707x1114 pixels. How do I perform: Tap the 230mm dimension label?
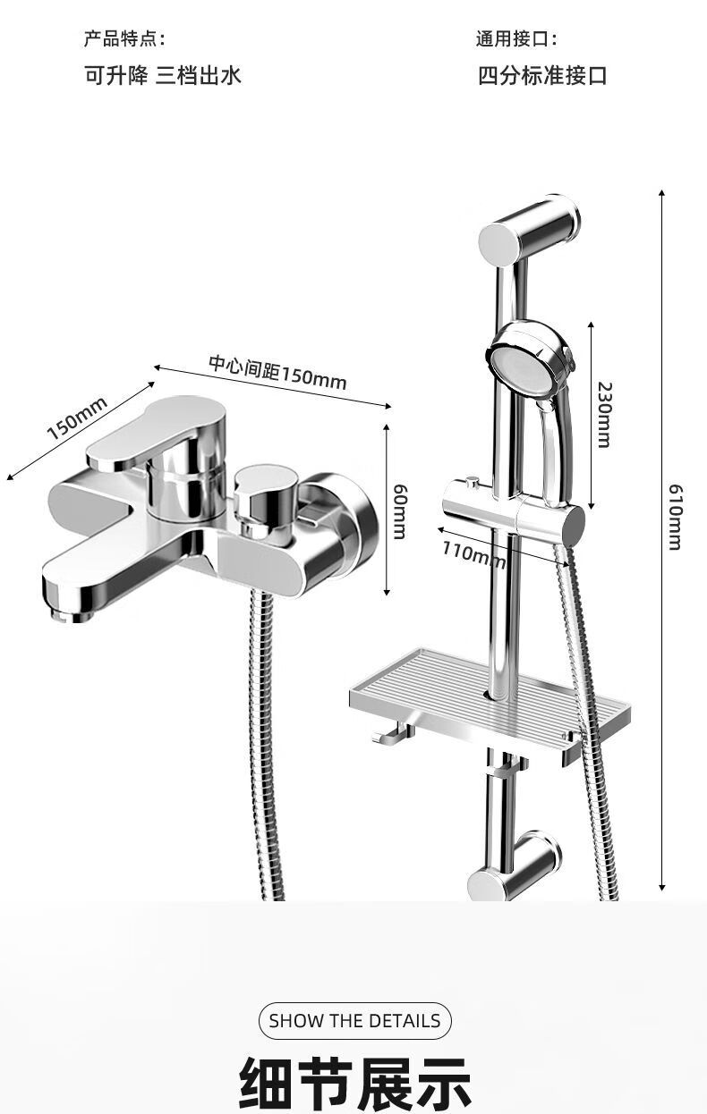point(604,415)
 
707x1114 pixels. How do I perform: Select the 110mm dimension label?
point(474,554)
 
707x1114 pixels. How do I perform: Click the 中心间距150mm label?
point(277,373)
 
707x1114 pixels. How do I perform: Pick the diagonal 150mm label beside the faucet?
point(77,418)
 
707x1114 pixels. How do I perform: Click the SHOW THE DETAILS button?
point(355,1021)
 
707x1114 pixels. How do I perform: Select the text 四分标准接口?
point(542,76)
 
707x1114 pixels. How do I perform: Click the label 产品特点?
point(124,38)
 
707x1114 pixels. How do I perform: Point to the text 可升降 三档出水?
point(163,76)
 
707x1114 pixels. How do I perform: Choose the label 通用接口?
point(516,38)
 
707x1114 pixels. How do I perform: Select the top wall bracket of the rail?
point(529,231)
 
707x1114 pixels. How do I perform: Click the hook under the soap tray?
point(391,734)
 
